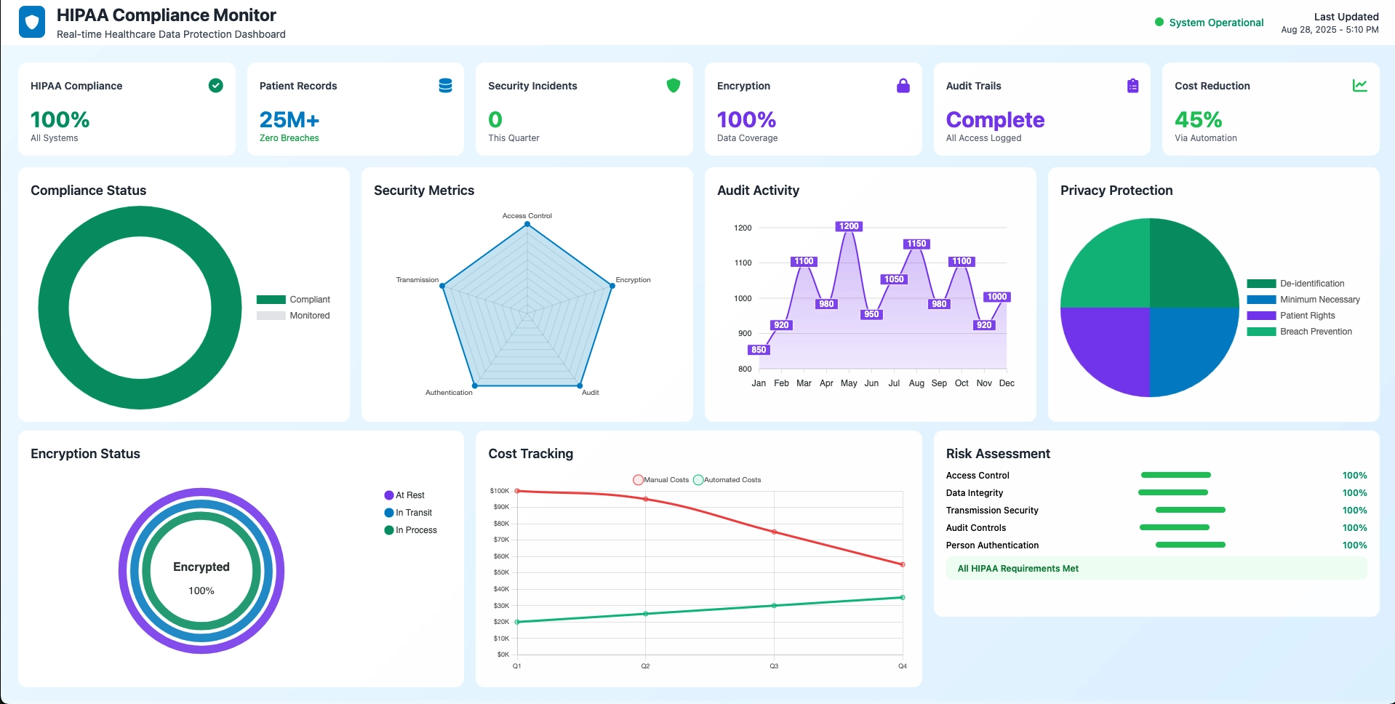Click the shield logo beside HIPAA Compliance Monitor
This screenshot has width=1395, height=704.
tap(31, 23)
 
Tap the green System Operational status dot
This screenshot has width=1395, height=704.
tap(1159, 23)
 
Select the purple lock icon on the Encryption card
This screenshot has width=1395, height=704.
tap(903, 86)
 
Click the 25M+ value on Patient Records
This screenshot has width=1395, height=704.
tap(289, 119)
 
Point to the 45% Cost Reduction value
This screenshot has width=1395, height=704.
tap(1198, 119)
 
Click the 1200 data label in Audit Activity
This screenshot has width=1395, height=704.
tap(849, 226)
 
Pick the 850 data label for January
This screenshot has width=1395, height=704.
tap(759, 350)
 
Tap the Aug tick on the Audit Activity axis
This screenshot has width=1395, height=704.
tap(916, 383)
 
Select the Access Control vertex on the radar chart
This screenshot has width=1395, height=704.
tap(527, 224)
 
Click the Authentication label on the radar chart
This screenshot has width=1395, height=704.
tap(449, 393)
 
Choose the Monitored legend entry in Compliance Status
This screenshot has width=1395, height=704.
tap(294, 316)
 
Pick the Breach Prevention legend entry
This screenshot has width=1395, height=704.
tap(1300, 332)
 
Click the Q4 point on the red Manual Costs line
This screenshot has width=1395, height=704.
tap(903, 564)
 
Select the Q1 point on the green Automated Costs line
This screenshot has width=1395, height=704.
tap(517, 622)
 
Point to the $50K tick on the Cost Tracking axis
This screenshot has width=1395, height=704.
tap(501, 572)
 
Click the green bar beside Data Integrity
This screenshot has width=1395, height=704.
tap(1173, 492)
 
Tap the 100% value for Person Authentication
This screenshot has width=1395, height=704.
tap(1354, 545)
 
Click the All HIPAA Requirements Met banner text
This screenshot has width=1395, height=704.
tap(1018, 569)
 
